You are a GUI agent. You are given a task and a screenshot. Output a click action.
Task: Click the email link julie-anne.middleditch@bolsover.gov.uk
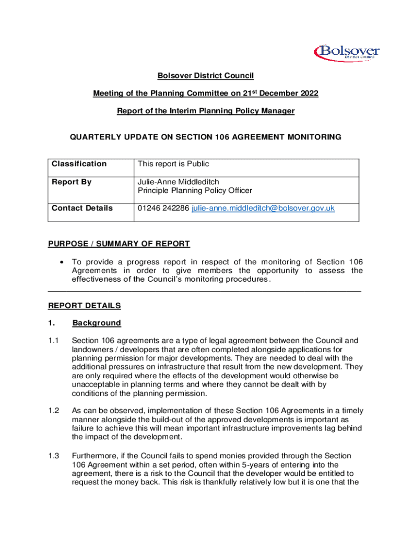pyautogui.click(x=263, y=208)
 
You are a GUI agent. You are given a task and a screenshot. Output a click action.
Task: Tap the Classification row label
pyautogui.click(x=79, y=164)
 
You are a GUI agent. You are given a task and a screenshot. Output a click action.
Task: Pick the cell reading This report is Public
pyautogui.click(x=173, y=164)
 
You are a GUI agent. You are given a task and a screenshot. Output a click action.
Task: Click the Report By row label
pyautogui.click(x=72, y=182)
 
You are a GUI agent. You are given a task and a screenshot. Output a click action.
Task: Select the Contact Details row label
pyautogui.click(x=82, y=208)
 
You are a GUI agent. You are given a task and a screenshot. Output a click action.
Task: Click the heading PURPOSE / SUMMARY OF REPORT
pyautogui.click(x=119, y=244)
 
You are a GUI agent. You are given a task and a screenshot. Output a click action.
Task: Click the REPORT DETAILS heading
pyautogui.click(x=85, y=306)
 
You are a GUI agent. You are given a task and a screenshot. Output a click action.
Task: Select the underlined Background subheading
pyautogui.click(x=97, y=323)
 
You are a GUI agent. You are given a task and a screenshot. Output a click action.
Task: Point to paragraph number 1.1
pyautogui.click(x=54, y=341)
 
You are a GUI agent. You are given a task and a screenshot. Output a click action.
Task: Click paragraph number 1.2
pyautogui.click(x=54, y=411)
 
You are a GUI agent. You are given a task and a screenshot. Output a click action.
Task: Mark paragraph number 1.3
pyautogui.click(x=54, y=456)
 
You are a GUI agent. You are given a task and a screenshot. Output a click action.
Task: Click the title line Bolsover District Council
pyautogui.click(x=206, y=76)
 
